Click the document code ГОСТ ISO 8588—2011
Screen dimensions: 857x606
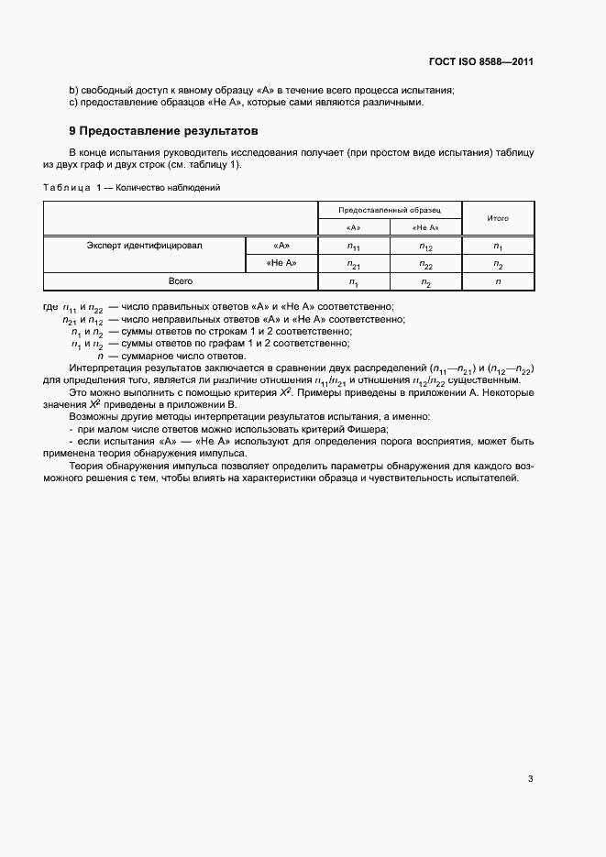[x=480, y=62]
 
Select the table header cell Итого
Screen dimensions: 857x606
[x=498, y=218]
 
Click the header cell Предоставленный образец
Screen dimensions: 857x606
[x=390, y=210]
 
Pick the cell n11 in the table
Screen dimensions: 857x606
[x=353, y=246]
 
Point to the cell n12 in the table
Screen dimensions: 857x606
[x=425, y=246]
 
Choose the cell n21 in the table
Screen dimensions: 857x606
[x=353, y=264]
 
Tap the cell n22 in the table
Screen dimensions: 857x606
[x=425, y=264]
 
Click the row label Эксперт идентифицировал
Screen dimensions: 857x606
[x=144, y=246]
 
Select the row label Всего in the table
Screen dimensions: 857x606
[x=180, y=281]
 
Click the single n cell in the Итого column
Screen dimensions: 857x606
[x=498, y=281]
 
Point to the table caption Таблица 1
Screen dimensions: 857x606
[x=77, y=188]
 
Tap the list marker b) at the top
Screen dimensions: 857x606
[x=73, y=90]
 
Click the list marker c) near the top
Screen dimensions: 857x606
[x=73, y=102]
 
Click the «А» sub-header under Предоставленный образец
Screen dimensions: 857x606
[x=353, y=227]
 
